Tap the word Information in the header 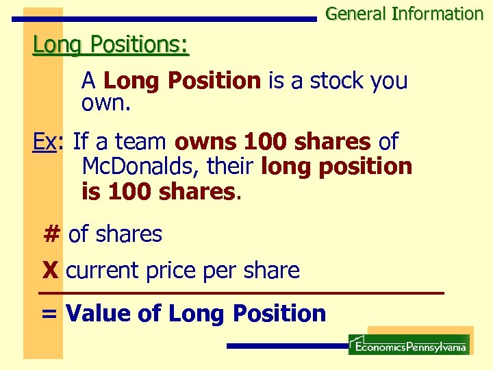coord(438,14)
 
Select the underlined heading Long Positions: coord(111,45)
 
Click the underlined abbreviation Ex coord(44,142)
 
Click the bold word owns coord(206,143)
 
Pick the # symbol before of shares coord(51,234)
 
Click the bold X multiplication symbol coord(50,271)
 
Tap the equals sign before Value coord(49,314)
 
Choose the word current coord(103,271)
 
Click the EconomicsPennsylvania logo coord(409,345)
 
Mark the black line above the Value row coord(240,293)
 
